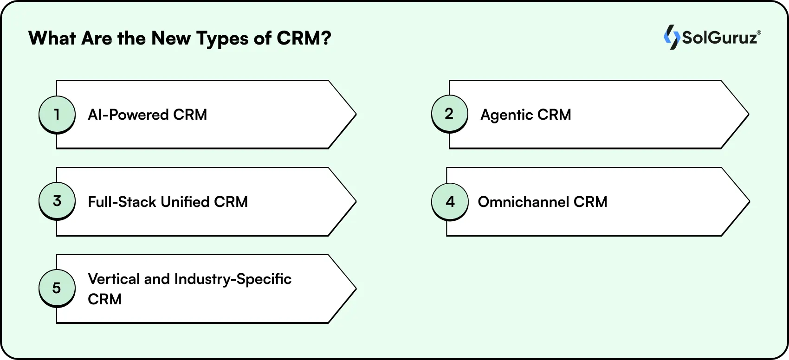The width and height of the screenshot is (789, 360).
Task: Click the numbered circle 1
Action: tap(57, 114)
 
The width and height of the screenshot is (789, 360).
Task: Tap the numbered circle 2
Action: tap(449, 114)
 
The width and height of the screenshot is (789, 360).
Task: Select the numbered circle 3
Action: tap(57, 201)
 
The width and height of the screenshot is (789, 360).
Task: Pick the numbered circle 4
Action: tap(450, 202)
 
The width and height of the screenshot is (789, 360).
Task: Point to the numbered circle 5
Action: tap(57, 288)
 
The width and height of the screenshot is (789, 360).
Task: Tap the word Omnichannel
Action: tap(523, 202)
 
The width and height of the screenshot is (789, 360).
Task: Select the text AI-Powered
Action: tap(128, 115)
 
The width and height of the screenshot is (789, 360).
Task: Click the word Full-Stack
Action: tap(122, 202)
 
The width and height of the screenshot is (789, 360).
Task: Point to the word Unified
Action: tap(185, 202)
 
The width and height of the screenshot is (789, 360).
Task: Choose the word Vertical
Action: tap(114, 279)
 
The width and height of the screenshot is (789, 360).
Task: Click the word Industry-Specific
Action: tap(233, 279)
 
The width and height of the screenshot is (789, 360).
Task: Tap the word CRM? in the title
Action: tap(304, 38)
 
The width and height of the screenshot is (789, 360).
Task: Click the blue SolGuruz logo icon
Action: tap(671, 37)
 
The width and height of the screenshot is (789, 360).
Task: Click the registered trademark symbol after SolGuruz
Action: tap(759, 33)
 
